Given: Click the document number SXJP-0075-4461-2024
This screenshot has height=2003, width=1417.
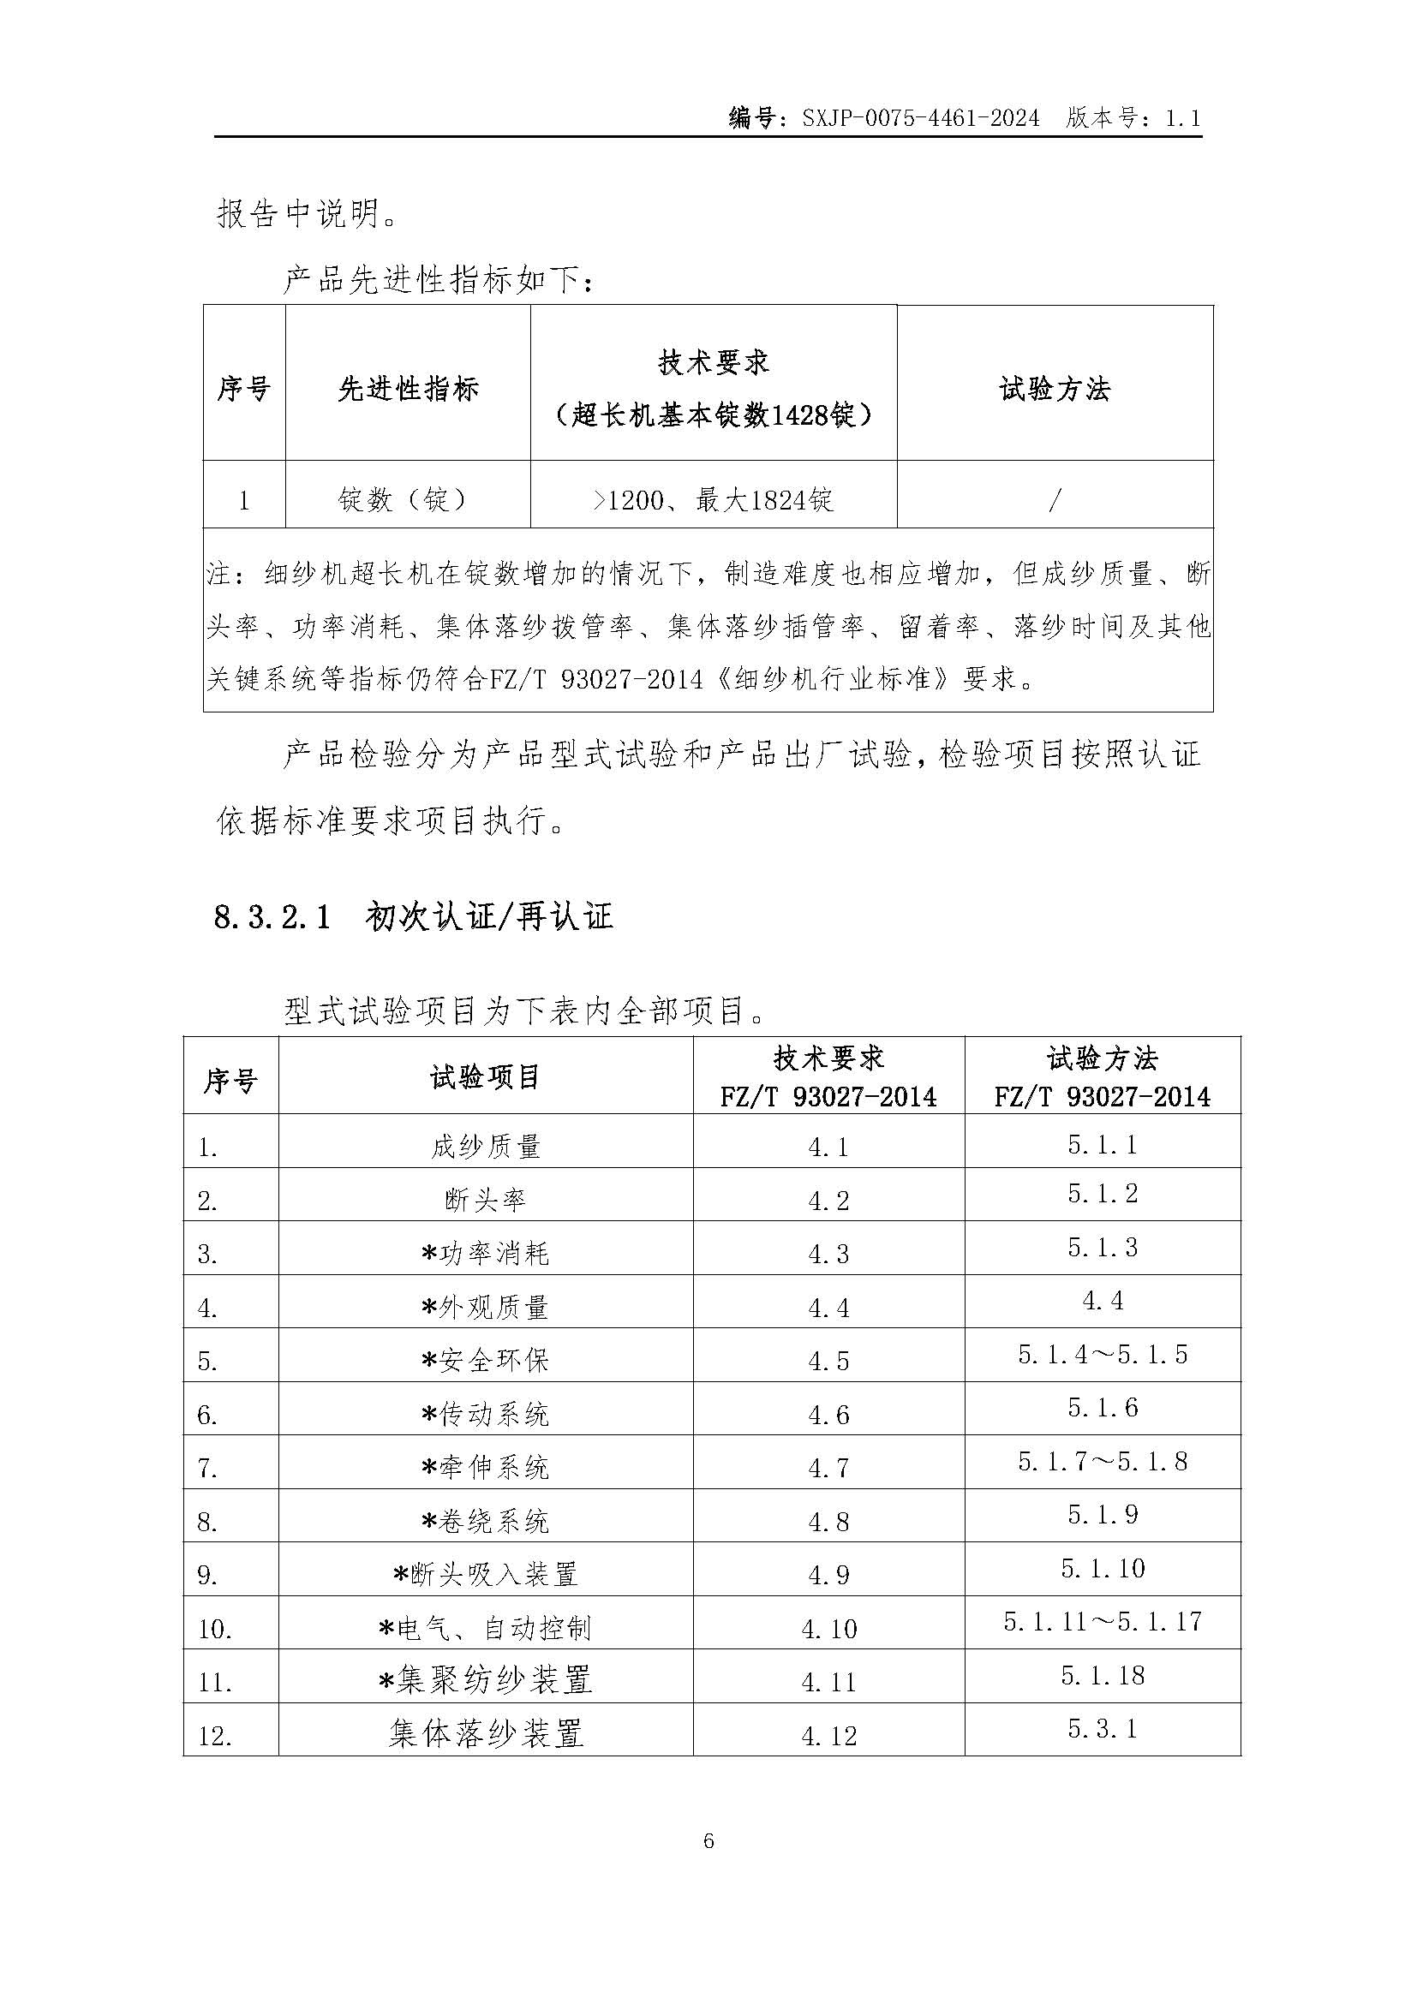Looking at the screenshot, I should pyautogui.click(x=920, y=118).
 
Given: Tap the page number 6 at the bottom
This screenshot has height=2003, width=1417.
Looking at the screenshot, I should pyautogui.click(x=708, y=1841).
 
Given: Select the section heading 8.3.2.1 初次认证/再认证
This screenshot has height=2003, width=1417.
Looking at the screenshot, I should pyautogui.click(x=413, y=917).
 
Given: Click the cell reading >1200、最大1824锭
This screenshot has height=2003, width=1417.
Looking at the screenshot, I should pyautogui.click(x=713, y=500).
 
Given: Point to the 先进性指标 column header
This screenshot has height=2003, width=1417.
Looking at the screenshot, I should pyautogui.click(x=408, y=388).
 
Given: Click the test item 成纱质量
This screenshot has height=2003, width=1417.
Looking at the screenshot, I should pyautogui.click(x=485, y=1147).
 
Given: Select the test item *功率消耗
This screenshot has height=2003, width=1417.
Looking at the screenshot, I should pyautogui.click(x=485, y=1254).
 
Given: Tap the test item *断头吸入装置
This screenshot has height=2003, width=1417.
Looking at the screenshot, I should pyautogui.click(x=485, y=1575).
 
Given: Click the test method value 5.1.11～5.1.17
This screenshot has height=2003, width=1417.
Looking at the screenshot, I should pyautogui.click(x=1102, y=1622).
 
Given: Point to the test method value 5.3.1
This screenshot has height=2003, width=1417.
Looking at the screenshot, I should pyautogui.click(x=1102, y=1729).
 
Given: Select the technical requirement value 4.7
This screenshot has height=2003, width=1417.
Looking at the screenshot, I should pyautogui.click(x=828, y=1469).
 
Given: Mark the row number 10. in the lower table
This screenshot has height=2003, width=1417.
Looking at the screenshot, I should pyautogui.click(x=215, y=1630).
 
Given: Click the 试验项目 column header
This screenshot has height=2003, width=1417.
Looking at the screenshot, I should pyautogui.click(x=485, y=1077).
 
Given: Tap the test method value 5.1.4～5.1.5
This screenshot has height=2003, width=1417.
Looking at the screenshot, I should pyautogui.click(x=1102, y=1355).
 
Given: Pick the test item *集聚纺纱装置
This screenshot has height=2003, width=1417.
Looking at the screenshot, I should pyautogui.click(x=485, y=1680).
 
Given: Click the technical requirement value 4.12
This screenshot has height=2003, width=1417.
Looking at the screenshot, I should pyautogui.click(x=828, y=1735).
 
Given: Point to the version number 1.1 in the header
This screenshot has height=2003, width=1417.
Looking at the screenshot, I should pyautogui.click(x=1182, y=118).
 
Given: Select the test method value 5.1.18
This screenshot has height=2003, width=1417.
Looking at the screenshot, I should pyautogui.click(x=1102, y=1676).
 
